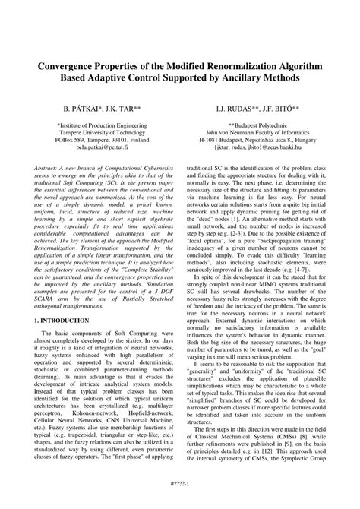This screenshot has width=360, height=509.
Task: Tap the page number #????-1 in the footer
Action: point(180,496)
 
